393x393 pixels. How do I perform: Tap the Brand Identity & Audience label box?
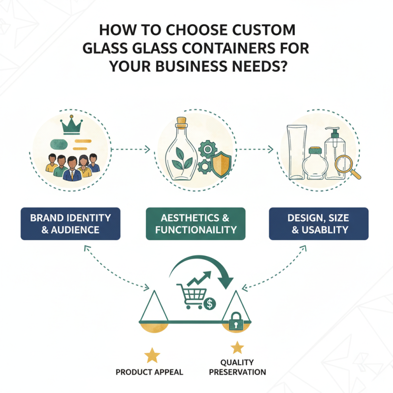[x=70, y=224]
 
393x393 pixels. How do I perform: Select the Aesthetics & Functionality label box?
[x=196, y=224]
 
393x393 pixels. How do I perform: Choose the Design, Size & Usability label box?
[x=319, y=224]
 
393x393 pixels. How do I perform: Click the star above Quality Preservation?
[x=237, y=348]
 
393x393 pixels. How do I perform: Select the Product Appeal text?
[x=149, y=372]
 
